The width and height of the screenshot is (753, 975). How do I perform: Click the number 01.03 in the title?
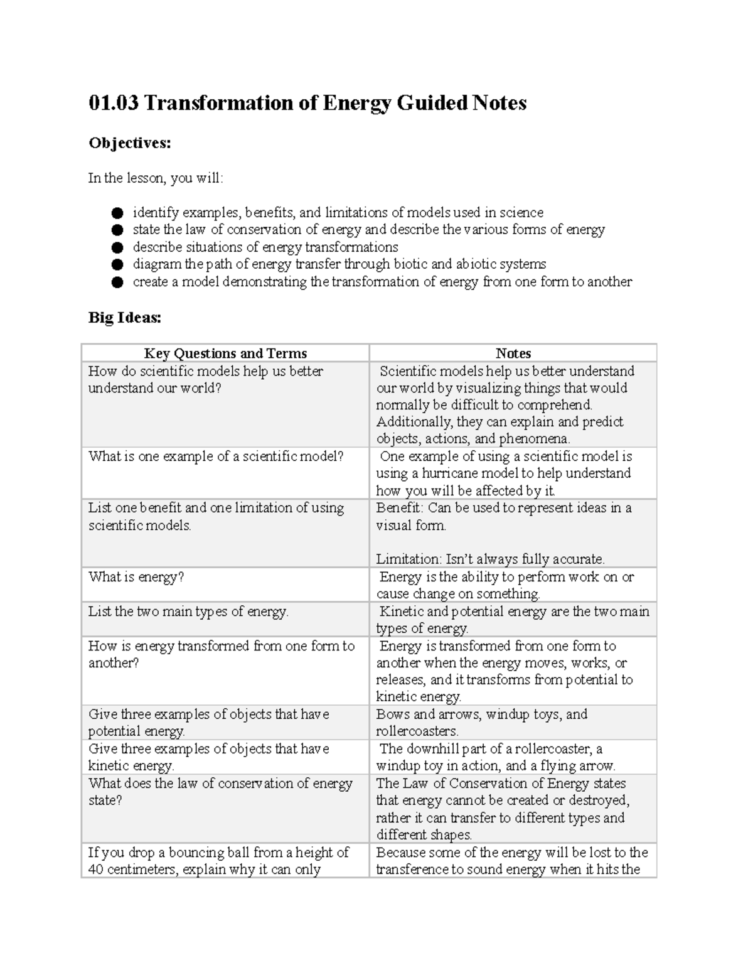coord(114,103)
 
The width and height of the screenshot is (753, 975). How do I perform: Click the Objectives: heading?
coord(129,143)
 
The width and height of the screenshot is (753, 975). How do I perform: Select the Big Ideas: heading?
coord(124,318)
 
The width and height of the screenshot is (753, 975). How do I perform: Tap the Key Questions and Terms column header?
coord(225,353)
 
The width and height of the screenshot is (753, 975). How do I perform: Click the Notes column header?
coord(513,353)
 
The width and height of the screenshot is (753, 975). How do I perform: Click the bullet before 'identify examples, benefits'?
coord(117,213)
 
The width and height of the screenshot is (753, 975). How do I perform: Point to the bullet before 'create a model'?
coord(117,283)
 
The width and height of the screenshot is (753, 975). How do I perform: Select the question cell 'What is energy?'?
coord(136,577)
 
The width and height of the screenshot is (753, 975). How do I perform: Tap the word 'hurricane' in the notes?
coord(451,473)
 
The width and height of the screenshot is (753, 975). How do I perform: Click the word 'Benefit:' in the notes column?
coord(399,508)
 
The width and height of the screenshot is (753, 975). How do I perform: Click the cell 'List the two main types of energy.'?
coord(188,611)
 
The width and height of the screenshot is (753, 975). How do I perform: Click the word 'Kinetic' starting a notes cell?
coord(402,611)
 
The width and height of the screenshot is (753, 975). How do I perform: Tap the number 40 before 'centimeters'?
coord(96,870)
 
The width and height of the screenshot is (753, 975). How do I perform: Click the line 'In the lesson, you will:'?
coord(155,178)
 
